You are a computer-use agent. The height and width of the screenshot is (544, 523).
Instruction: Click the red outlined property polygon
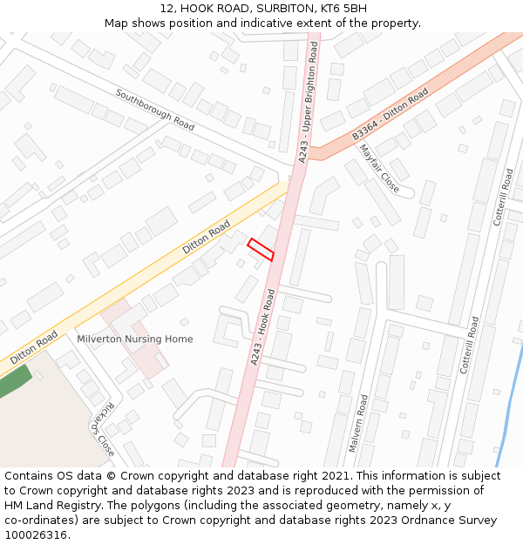click(x=261, y=249)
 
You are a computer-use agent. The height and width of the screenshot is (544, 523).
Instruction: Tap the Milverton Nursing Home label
click(x=135, y=339)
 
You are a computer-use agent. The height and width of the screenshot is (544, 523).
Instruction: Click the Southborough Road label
click(x=155, y=110)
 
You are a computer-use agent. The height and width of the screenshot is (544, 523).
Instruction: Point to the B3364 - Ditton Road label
click(x=391, y=114)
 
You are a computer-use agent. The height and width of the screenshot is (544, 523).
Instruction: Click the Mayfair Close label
click(x=379, y=169)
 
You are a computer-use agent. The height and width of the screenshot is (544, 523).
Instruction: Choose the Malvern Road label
click(x=358, y=423)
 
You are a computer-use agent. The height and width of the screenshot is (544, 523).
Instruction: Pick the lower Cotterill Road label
click(x=471, y=345)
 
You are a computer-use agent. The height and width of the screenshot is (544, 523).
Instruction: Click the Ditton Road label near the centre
click(x=207, y=237)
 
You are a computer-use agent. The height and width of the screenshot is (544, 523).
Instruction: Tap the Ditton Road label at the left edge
click(x=35, y=347)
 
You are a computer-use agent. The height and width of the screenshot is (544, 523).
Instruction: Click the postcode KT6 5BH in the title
click(x=344, y=9)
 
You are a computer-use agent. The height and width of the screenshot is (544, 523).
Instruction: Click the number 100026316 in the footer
click(x=37, y=534)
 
